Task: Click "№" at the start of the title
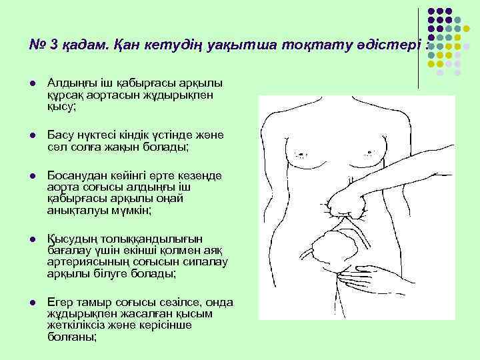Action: [36, 45]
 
